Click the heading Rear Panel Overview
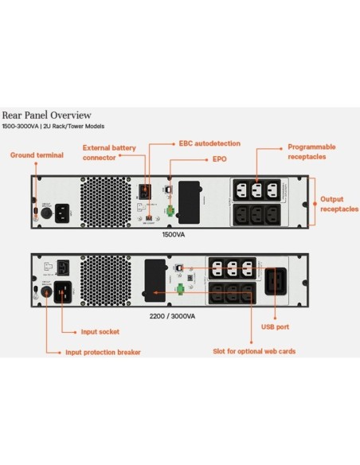(x=46, y=115)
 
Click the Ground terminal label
(x=31, y=155)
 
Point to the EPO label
(x=218, y=158)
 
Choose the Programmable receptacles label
(x=311, y=151)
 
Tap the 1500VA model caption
(x=173, y=236)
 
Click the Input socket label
(x=101, y=330)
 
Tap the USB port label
(x=275, y=326)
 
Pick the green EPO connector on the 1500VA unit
(x=170, y=210)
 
